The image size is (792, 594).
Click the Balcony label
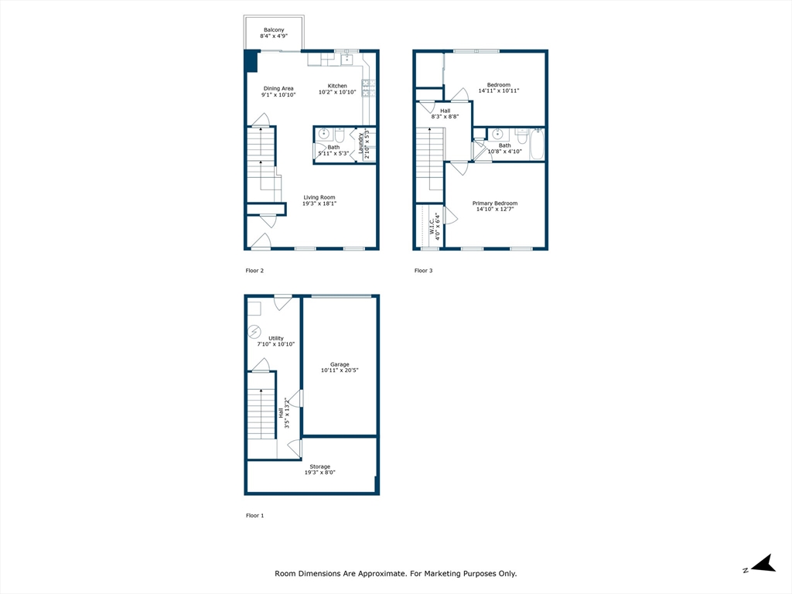click(274, 30)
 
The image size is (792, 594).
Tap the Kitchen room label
click(337, 86)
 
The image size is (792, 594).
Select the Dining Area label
click(278, 89)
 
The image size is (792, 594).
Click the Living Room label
click(319, 197)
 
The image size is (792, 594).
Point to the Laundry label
click(361, 144)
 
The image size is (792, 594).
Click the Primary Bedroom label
click(495, 203)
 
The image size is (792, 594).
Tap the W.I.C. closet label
click(432, 226)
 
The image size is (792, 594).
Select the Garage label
click(340, 364)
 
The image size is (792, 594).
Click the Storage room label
click(320, 466)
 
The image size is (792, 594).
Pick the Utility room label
click(276, 338)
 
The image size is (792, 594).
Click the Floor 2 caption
click(254, 271)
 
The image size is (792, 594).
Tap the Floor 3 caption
click(423, 271)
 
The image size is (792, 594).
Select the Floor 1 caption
click(254, 515)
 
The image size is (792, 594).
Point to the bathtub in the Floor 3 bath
click(537, 144)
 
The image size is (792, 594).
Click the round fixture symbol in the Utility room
click(254, 333)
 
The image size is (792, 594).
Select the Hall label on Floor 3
click(445, 111)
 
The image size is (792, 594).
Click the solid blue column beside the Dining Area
click(251, 61)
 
